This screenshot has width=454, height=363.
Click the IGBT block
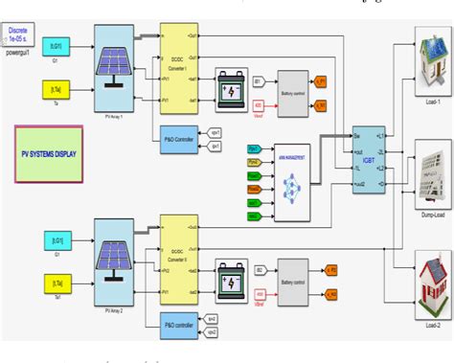[x=369, y=161]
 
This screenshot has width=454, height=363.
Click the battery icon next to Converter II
[x=233, y=271]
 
